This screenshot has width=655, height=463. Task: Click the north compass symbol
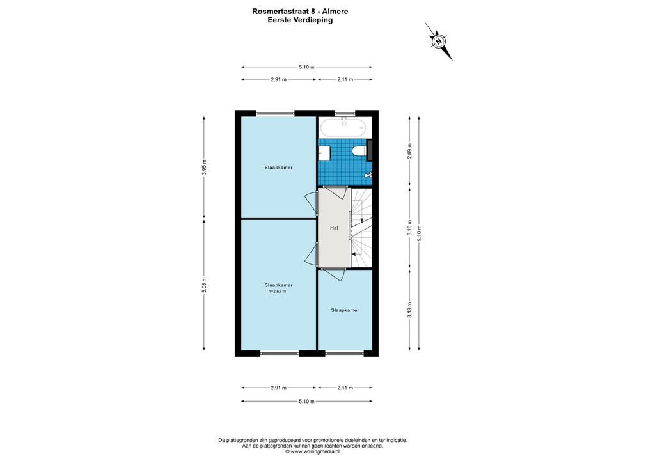(439, 42)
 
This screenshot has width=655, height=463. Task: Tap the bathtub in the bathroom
(345, 127)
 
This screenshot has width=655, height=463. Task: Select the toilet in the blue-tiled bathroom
(358, 151)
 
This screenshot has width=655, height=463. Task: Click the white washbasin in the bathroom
(324, 153)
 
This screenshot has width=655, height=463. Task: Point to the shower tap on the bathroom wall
(368, 175)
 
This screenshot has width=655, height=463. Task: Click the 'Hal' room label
(334, 228)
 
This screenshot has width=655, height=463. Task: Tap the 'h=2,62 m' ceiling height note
(278, 291)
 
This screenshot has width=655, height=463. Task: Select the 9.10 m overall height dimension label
(420, 233)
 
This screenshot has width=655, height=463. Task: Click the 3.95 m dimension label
(204, 167)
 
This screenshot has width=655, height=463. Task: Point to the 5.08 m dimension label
(204, 285)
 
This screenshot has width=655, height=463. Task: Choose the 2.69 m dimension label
(410, 152)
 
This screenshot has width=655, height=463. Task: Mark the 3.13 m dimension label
(410, 310)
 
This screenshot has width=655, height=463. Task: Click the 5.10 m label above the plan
(306, 67)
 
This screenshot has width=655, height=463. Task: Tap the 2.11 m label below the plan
(345, 388)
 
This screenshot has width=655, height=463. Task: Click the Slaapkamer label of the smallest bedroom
(345, 310)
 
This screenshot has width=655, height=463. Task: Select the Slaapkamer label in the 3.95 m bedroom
(278, 168)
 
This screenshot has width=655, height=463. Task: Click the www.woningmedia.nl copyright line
(312, 451)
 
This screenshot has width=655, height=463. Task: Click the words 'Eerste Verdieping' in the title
(301, 20)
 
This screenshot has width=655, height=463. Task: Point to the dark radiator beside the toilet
(369, 150)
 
